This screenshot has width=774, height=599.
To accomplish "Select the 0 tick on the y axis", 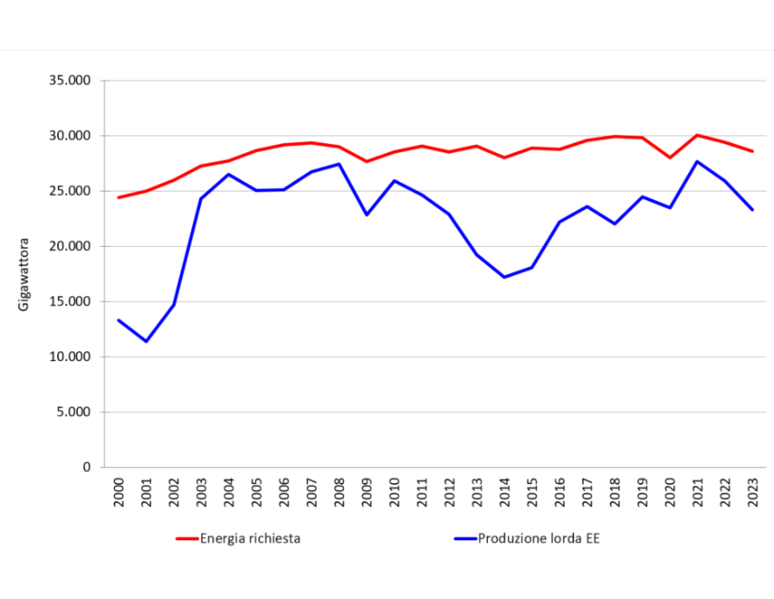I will pyautogui.click(x=87, y=467).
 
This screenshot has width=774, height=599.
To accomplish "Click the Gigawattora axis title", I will pyautogui.click(x=24, y=273).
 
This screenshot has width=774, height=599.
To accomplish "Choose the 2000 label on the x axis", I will pyautogui.click(x=118, y=490).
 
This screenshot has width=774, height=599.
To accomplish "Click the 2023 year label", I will pyautogui.click(x=753, y=490).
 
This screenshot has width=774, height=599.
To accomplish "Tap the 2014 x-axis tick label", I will pyautogui.click(x=505, y=490).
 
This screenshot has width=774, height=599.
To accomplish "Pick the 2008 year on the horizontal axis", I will pyautogui.click(x=339, y=490).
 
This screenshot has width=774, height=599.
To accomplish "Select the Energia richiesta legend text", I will pyautogui.click(x=250, y=538).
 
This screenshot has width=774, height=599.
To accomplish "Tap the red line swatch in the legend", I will pyautogui.click(x=187, y=538).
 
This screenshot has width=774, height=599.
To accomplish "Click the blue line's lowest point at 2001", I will pyautogui.click(x=146, y=341).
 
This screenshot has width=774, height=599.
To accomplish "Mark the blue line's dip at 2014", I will pyautogui.click(x=505, y=277).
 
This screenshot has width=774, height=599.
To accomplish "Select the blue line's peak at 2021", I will pyautogui.click(x=698, y=162).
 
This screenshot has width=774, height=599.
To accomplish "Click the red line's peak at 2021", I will pyautogui.click(x=698, y=135).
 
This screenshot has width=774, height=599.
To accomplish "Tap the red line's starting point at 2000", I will pyautogui.click(x=118, y=198).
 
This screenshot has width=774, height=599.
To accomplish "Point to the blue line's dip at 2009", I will pyautogui.click(x=367, y=214).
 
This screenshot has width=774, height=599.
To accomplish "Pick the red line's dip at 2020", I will pyautogui.click(x=670, y=157).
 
